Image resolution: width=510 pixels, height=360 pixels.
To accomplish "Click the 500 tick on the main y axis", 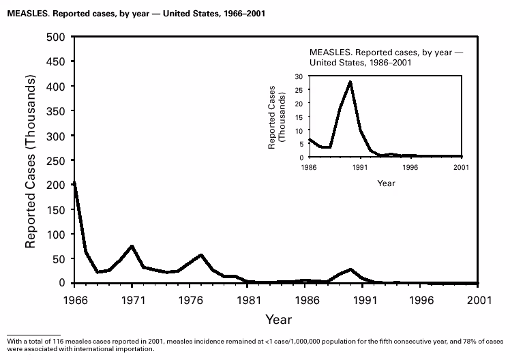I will [56, 37].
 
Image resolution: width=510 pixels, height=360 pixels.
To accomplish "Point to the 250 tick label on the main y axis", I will [56, 160].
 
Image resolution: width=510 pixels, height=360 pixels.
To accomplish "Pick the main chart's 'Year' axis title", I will [278, 318].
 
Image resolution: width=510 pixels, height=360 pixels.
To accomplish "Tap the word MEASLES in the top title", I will [30, 12].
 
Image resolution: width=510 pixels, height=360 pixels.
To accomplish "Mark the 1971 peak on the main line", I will [132, 245].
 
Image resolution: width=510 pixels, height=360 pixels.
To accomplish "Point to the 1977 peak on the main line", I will [201, 255].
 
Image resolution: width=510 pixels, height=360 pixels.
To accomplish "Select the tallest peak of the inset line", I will [350, 82].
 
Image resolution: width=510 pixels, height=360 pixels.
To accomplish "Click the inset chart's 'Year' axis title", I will [386, 183].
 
